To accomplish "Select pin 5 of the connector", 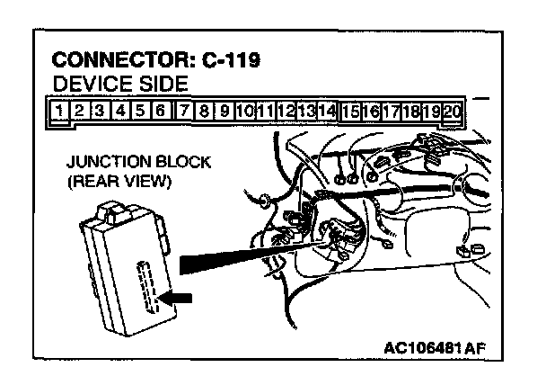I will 141,112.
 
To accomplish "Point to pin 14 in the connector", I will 328,112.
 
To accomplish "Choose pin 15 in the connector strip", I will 350,112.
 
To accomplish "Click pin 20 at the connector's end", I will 453,112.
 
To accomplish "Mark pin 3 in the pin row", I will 100,112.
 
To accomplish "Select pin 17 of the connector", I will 392,112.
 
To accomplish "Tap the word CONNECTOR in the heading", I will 118,62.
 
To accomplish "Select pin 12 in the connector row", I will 286,112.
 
